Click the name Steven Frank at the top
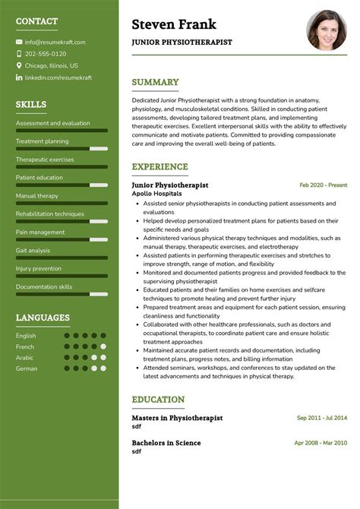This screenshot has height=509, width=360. (174, 24)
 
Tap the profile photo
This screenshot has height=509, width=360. (326, 30)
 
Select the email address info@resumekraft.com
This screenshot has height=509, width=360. (55, 43)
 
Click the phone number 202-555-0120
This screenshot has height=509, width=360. (46, 54)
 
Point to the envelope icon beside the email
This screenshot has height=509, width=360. (19, 43)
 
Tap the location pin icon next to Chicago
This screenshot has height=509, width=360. (19, 66)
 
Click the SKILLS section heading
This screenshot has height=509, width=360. (31, 105)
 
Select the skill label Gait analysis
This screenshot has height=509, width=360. (33, 250)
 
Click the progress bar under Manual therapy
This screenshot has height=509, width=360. (62, 204)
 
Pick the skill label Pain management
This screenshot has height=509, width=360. (40, 232)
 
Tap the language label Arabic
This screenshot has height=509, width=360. (25, 357)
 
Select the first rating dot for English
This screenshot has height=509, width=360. (67, 335)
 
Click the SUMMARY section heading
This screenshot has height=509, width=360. (155, 82)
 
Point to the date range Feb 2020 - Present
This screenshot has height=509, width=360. (323, 185)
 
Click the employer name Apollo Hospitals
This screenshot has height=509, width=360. (156, 194)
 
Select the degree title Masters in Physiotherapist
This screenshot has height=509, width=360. (176, 417)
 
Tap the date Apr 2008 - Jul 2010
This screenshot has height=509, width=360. (321, 443)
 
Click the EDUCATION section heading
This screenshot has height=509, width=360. (158, 400)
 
